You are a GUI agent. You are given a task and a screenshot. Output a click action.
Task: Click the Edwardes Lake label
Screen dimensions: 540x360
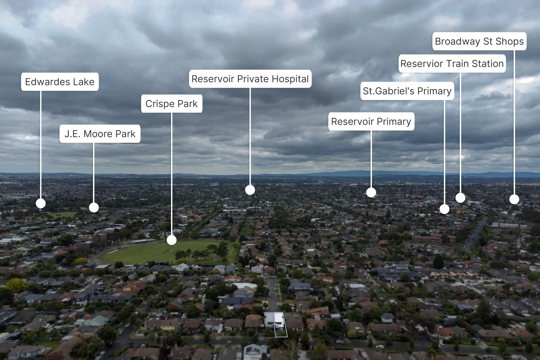click(x=60, y=82)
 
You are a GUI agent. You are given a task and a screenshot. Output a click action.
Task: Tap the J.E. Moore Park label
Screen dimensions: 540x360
click(x=100, y=134)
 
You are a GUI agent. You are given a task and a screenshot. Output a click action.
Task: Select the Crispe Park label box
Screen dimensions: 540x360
click(x=172, y=104)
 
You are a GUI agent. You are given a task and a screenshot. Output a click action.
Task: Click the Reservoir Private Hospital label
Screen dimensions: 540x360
click(x=250, y=79)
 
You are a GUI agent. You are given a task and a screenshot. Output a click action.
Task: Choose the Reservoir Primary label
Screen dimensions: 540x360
click(x=371, y=122)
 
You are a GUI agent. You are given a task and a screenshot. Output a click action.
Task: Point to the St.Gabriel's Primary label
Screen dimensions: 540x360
click(x=407, y=91)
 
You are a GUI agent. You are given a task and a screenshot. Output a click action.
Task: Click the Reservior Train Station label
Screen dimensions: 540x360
click(x=452, y=64)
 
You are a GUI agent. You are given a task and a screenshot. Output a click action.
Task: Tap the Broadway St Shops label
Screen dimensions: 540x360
click(x=479, y=41)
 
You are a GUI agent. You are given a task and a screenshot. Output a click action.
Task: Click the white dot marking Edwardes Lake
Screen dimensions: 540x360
click(x=41, y=204)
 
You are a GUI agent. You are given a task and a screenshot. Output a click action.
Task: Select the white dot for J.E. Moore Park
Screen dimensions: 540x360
click(x=94, y=208)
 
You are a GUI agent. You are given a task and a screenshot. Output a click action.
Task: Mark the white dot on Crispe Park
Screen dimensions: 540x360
click(x=172, y=240)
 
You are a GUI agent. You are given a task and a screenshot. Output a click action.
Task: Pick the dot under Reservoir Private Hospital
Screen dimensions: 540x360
click(x=250, y=190)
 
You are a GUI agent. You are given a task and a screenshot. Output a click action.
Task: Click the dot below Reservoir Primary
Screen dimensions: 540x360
click(x=371, y=192)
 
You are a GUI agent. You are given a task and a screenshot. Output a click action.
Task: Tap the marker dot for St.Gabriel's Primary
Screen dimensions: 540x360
click(x=444, y=209)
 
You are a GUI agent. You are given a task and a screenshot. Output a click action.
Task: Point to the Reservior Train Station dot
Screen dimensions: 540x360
click(x=460, y=198)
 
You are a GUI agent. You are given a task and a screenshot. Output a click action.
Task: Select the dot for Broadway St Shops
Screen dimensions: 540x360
click(x=514, y=199)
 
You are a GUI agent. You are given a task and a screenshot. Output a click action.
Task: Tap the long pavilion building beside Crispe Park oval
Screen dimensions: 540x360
click(x=139, y=242)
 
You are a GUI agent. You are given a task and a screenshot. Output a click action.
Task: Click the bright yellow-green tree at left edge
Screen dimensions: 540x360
click(x=16, y=285)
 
